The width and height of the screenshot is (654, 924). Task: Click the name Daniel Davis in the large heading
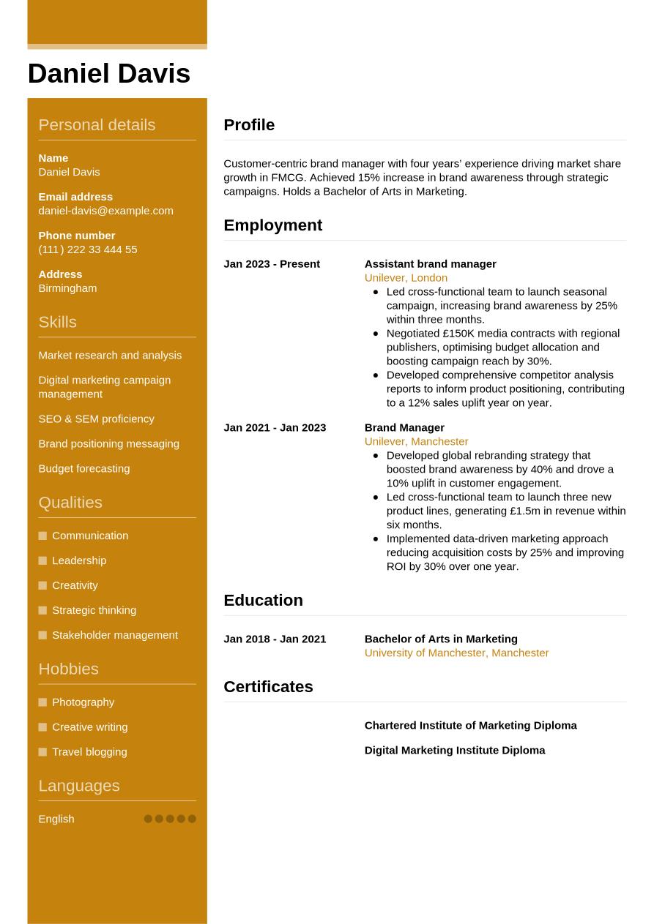(108, 74)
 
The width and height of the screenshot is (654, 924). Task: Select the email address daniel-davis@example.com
(105, 211)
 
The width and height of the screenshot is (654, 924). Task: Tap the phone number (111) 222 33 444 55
(87, 249)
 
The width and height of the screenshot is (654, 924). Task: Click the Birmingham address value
(67, 288)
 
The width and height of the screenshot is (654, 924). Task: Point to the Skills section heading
(57, 322)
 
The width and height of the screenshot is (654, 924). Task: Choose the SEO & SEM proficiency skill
(96, 419)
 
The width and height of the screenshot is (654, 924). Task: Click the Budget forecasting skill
(83, 469)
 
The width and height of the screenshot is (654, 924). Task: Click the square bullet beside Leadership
(42, 560)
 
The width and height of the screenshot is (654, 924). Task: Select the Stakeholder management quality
(114, 635)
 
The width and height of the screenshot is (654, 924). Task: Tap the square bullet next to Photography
(42, 702)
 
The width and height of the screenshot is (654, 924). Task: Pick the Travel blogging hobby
(89, 752)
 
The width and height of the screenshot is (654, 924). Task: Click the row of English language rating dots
(170, 819)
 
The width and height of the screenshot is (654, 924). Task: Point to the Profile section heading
(249, 125)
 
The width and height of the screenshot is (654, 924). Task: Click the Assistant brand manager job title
(430, 264)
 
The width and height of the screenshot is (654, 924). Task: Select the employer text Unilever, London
(406, 278)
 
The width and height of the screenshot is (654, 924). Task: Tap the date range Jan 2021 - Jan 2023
(275, 428)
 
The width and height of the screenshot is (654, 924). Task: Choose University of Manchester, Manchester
(456, 653)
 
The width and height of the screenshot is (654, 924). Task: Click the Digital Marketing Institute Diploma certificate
(454, 751)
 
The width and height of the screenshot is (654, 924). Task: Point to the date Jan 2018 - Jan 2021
(275, 639)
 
